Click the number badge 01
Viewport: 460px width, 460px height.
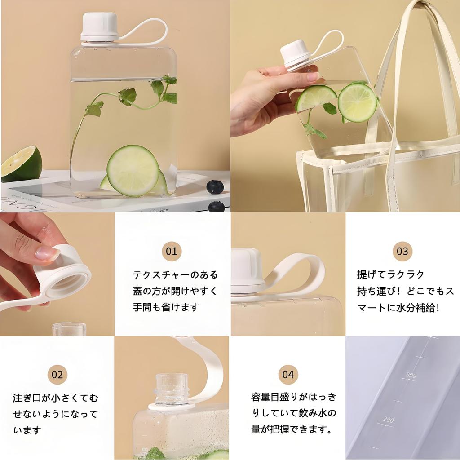pos(172,251)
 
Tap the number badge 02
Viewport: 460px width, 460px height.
pos(57,374)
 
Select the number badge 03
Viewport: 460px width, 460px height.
pos(402,251)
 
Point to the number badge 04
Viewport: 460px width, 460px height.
pos(288,374)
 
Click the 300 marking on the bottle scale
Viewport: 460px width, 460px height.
pos(411,375)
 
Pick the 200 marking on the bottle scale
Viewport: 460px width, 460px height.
pos(388,420)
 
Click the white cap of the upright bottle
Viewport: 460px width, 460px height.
pos(99,27)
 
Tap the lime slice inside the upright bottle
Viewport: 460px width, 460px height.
pos(133,170)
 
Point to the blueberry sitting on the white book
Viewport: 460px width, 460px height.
pos(215,187)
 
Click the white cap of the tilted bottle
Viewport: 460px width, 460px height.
pos(296,55)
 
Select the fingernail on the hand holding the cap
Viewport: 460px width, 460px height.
pos(47,253)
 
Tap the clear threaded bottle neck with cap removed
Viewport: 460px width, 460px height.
pos(172,389)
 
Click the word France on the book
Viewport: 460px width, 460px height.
pos(160,211)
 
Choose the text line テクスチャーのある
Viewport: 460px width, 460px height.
pos(176,275)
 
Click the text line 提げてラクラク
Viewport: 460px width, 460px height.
pos(390,274)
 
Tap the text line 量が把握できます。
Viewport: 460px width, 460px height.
pos(292,429)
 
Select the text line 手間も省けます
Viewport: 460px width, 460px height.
pos(166,307)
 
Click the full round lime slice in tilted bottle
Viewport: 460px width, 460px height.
pos(357,103)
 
